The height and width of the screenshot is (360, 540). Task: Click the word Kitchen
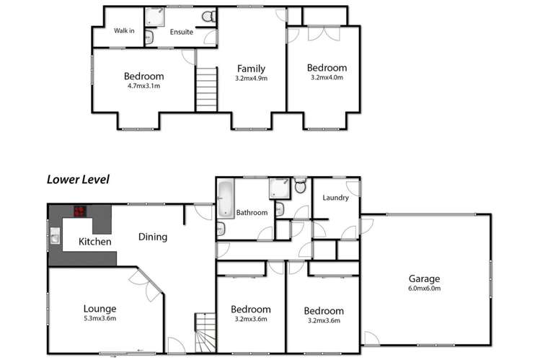[95, 242]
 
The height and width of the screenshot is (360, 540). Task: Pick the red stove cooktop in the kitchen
[79, 212]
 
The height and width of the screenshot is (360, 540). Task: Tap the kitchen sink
[54, 235]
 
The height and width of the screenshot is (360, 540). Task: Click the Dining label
[153, 237]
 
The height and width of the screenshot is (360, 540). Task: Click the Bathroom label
[252, 213]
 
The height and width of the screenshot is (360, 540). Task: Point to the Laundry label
[336, 198]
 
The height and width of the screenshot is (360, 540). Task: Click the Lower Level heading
[78, 180]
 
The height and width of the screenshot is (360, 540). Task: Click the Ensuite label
[182, 32]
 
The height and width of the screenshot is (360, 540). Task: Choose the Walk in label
[125, 30]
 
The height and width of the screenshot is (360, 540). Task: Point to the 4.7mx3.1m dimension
[143, 86]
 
